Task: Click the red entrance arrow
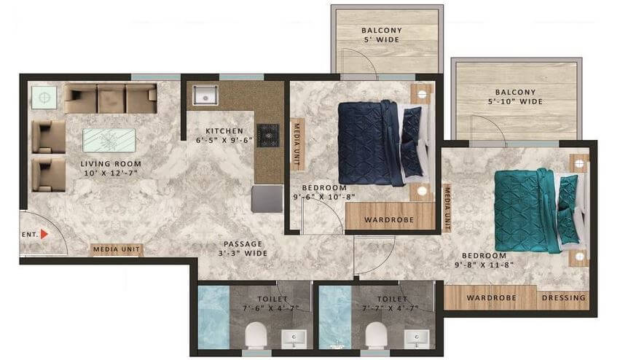(44, 235)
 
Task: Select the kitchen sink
(203, 95)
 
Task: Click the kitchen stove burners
(268, 136)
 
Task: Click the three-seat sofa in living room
(110, 98)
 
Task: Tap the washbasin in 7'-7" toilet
(420, 337)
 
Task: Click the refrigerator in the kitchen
(267, 197)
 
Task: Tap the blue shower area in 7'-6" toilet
(213, 318)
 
